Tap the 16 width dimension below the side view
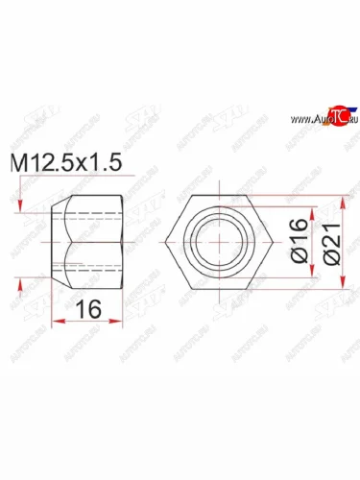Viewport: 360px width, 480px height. tap(85, 309)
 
